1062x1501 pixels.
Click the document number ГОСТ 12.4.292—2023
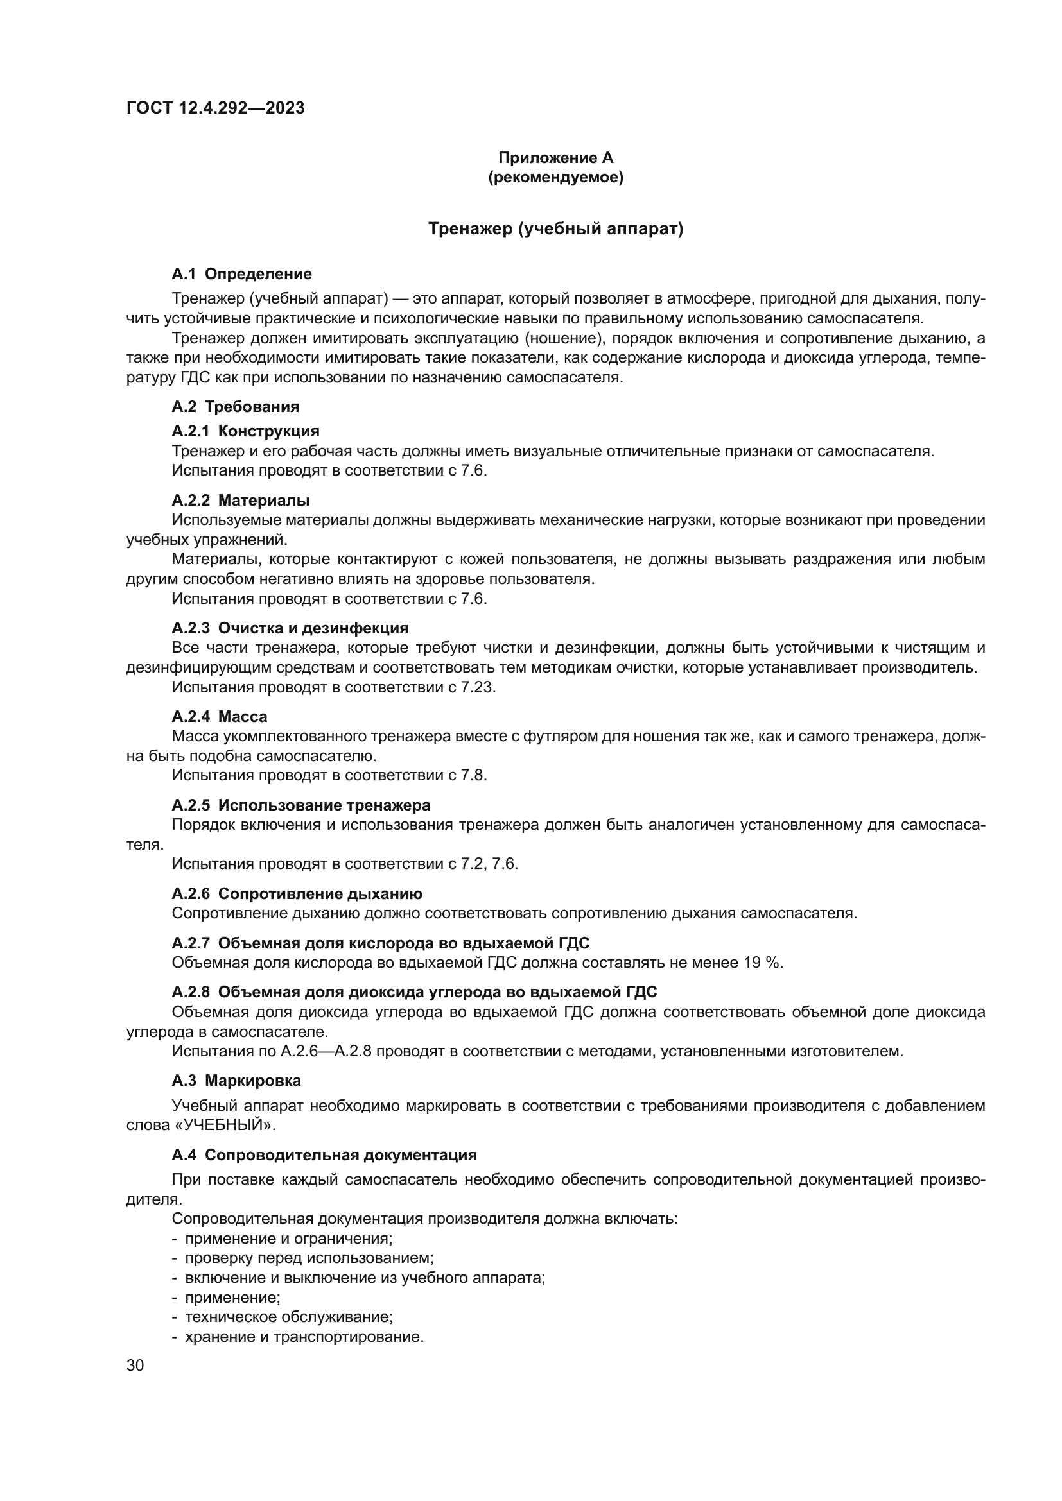215,108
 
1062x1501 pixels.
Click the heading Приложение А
555,158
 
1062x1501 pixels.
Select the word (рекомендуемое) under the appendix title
555,177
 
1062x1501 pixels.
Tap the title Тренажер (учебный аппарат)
555,229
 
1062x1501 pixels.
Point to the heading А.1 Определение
241,274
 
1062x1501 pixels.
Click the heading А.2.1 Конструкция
245,431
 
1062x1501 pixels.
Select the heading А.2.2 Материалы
241,500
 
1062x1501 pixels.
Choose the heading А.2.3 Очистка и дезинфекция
290,628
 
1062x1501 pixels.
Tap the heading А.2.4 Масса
219,716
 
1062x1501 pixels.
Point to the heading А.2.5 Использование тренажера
300,805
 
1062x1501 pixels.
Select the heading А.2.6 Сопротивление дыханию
297,893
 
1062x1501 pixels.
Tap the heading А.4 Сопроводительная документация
324,1154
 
